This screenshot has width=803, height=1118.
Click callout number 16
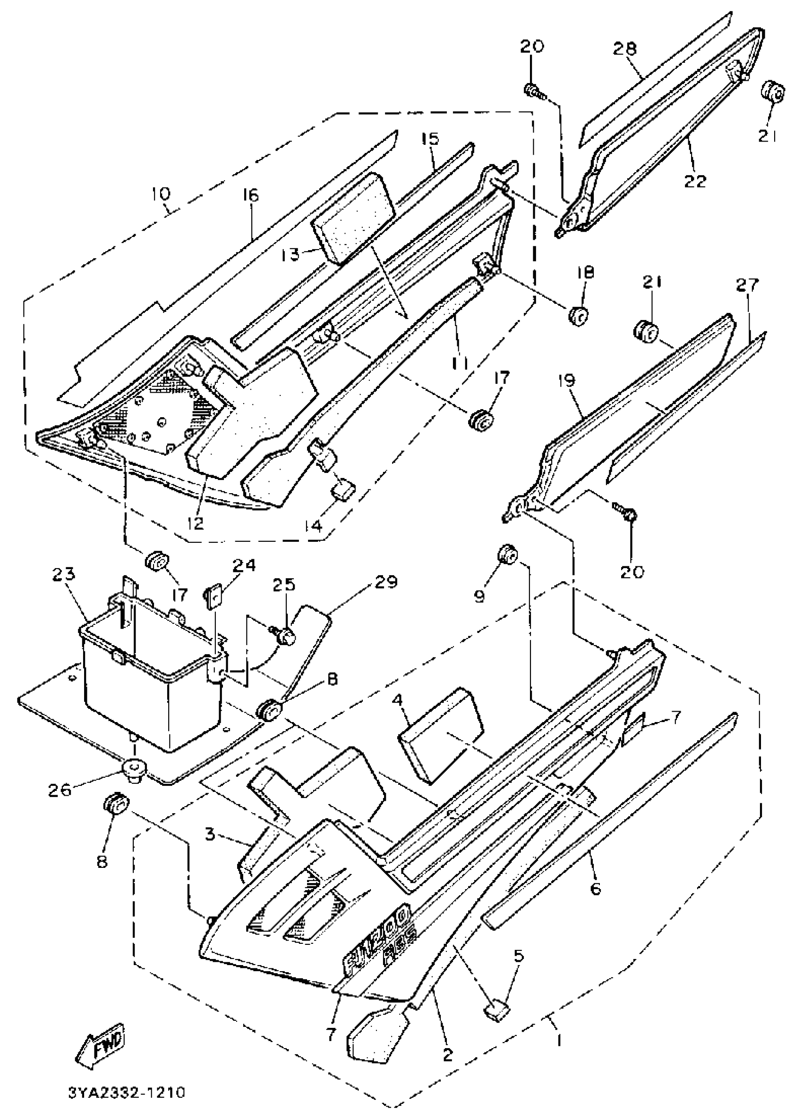coord(250,196)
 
